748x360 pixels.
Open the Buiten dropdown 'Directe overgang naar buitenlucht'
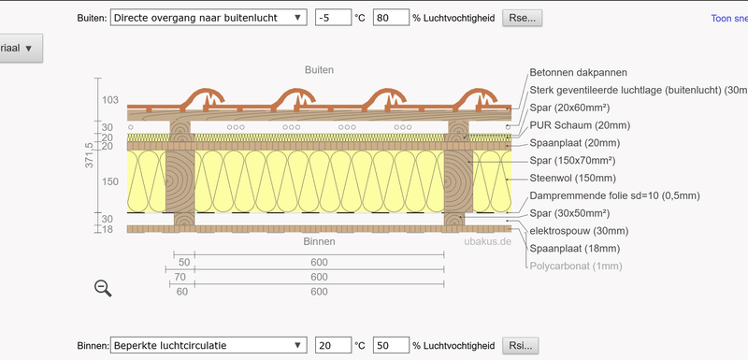point(208,18)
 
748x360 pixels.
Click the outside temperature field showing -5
point(333,18)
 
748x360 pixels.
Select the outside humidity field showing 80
point(391,18)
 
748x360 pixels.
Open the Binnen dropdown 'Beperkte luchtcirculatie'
point(208,345)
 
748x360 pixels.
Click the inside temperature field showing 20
point(333,345)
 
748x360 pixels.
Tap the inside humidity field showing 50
point(391,345)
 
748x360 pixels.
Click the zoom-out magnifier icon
point(103,289)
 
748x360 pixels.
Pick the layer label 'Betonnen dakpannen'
point(578,72)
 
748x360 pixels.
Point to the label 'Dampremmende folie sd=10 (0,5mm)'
point(614,195)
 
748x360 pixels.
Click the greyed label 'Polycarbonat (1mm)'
point(576,266)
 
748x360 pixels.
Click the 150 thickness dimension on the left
point(110,181)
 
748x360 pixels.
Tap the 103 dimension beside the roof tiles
point(110,100)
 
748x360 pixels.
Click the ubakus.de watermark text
point(488,240)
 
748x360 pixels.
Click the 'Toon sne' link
point(729,18)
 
